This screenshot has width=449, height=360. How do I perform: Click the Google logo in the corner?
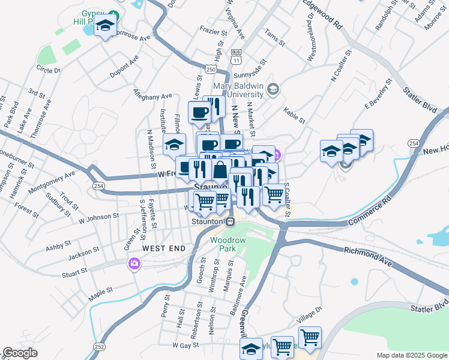[x=20, y=353]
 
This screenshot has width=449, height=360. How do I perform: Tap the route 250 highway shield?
[x=210, y=70]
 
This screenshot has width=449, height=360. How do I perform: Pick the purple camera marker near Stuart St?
[x=134, y=263]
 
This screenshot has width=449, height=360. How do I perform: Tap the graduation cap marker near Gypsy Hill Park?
[x=106, y=26]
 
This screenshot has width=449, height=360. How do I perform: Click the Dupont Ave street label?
[x=124, y=67]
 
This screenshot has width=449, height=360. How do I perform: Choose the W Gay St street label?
[x=185, y=346]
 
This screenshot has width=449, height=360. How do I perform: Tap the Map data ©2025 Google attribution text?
[x=411, y=355]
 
